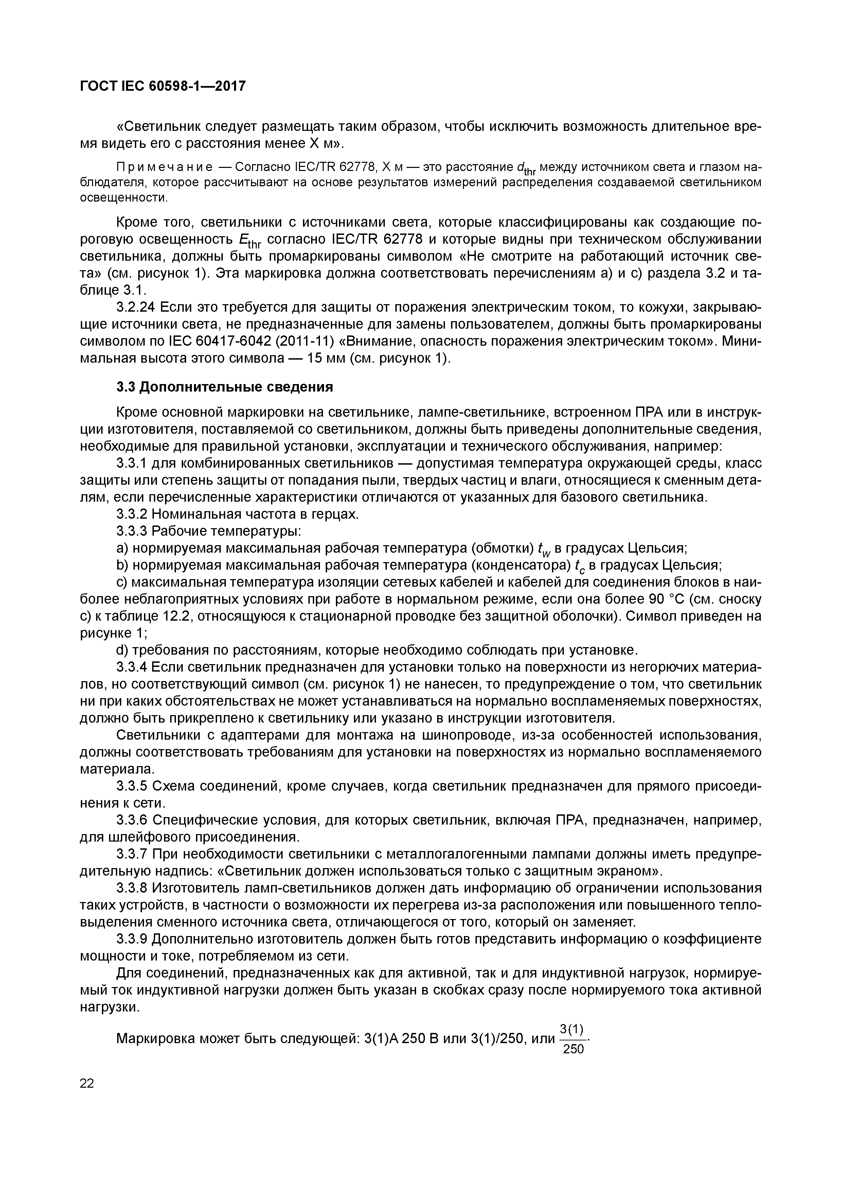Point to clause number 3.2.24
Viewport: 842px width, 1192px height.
click(136, 308)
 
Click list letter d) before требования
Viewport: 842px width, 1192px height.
click(122, 650)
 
